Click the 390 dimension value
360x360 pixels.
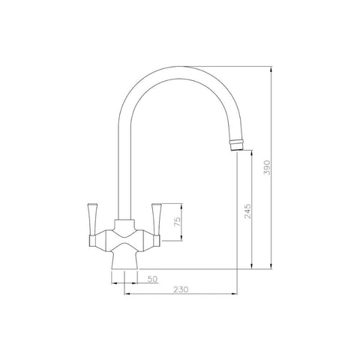click(267, 167)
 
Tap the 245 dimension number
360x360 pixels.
click(247, 211)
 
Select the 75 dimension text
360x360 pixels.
click(177, 222)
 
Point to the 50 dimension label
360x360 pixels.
click(152, 279)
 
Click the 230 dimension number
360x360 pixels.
click(181, 289)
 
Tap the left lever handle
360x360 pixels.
click(92, 220)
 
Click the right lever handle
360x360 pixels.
click(157, 220)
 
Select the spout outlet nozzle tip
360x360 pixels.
click(236, 145)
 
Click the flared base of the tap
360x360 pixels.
click(124, 260)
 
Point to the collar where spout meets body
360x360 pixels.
click(124, 223)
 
